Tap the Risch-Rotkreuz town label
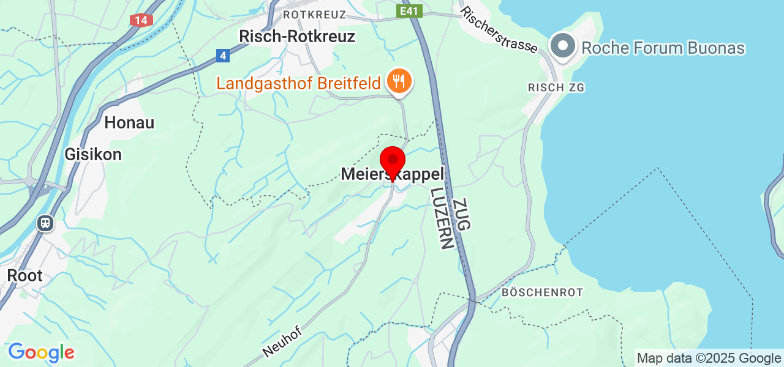(297, 36)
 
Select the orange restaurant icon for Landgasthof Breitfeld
(399, 81)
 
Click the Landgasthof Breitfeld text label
(298, 83)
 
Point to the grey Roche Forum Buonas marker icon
(562, 47)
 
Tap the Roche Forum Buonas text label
(663, 48)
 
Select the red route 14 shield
(141, 20)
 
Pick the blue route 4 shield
(223, 56)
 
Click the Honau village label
(129, 122)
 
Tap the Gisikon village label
(93, 155)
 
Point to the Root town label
(25, 275)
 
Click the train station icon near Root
(45, 223)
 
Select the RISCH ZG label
(556, 88)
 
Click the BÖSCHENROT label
(542, 292)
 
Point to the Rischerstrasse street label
(500, 29)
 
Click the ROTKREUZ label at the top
(315, 14)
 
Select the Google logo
(41, 352)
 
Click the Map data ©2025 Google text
(709, 358)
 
